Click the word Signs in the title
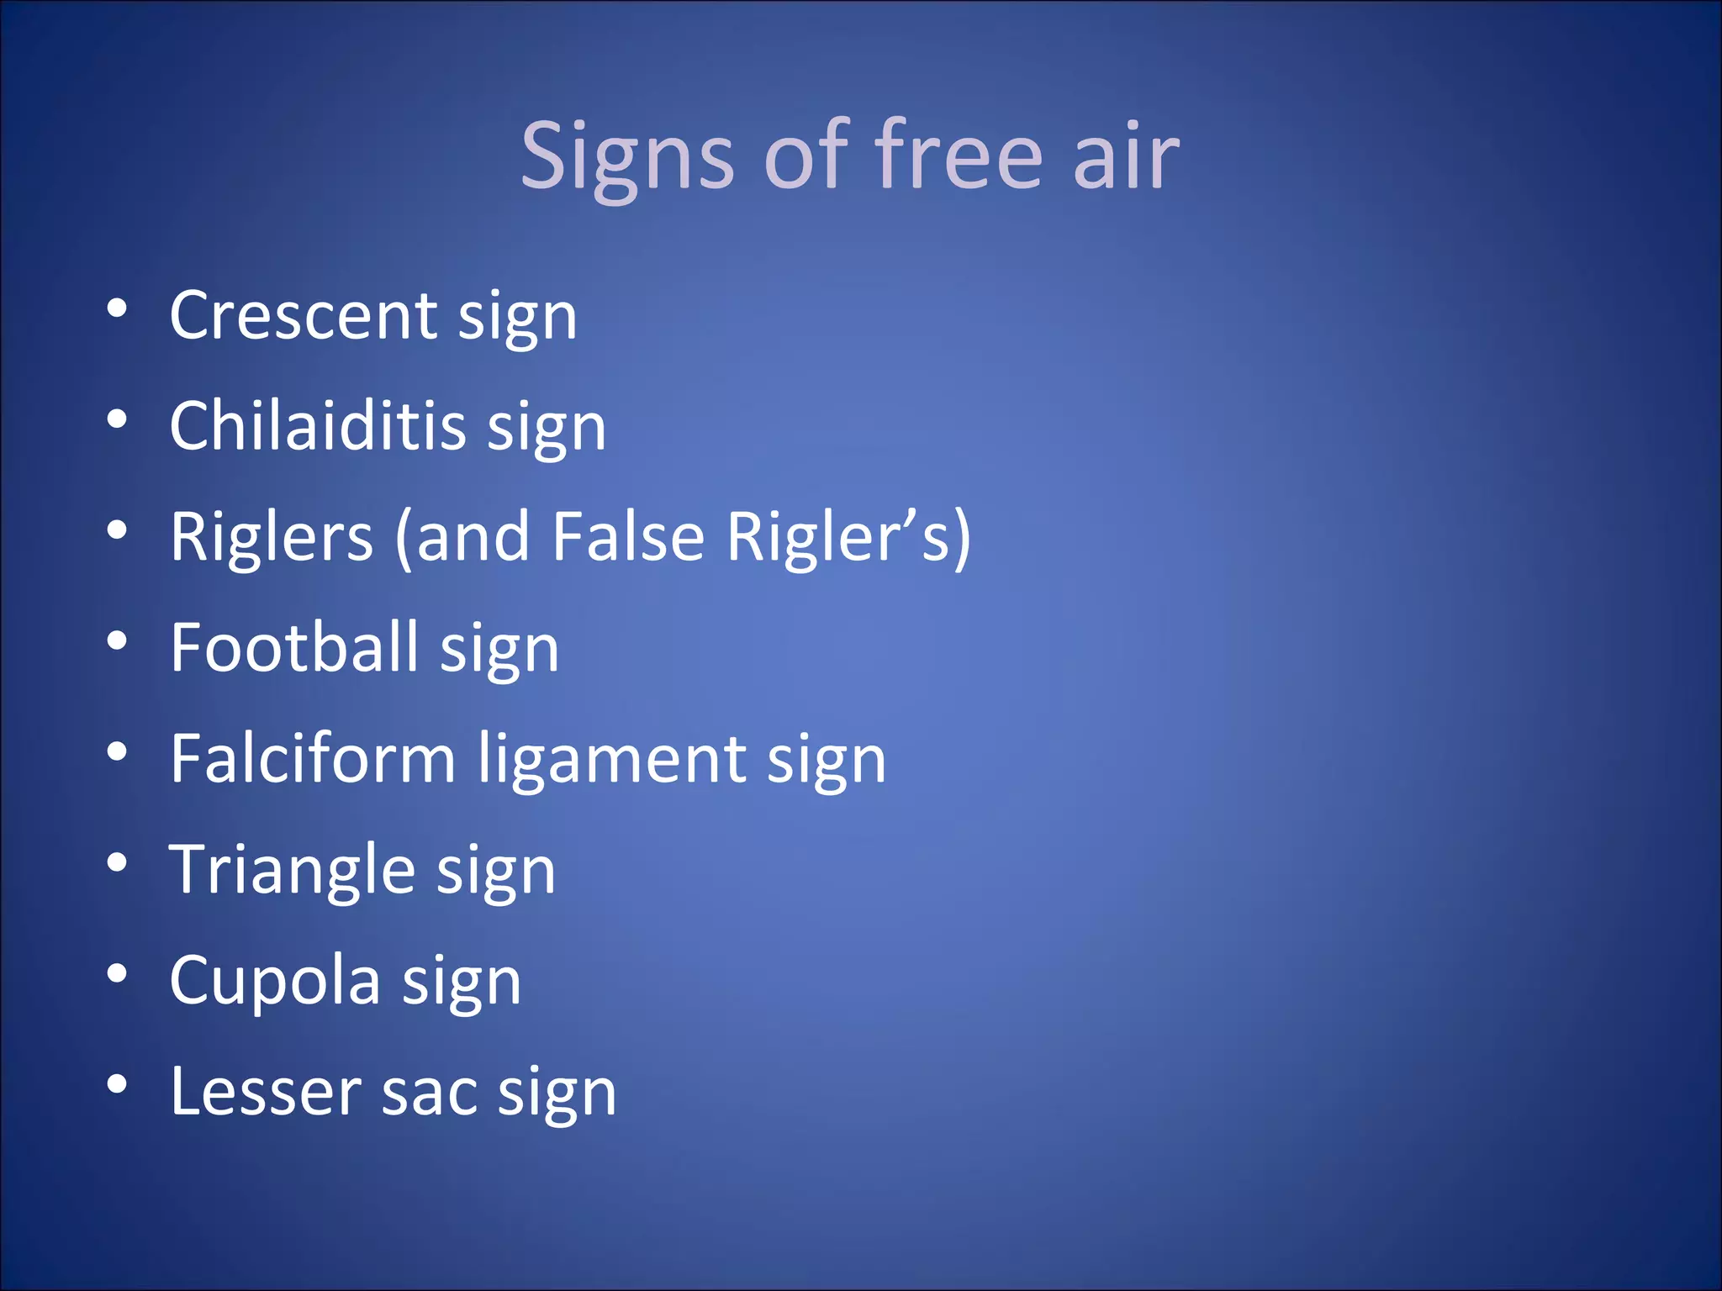click(x=627, y=156)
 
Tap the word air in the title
click(x=1126, y=156)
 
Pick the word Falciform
click(x=313, y=758)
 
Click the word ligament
click(x=612, y=760)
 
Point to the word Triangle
click(x=292, y=870)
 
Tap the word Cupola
click(x=274, y=981)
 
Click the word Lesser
click(x=265, y=1091)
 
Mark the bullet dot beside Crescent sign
click(x=117, y=310)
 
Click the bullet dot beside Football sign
click(x=117, y=643)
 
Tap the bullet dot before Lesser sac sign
click(x=117, y=1086)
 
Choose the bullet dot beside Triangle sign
click(x=117, y=864)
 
